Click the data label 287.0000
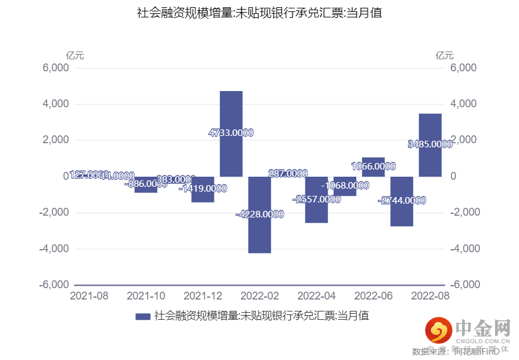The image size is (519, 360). (289, 174)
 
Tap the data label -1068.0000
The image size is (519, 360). (345, 186)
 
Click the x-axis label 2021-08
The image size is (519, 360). (89, 296)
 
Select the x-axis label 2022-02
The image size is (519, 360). (260, 296)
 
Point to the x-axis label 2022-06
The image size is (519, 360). (374, 296)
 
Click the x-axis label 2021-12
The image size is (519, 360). (203, 296)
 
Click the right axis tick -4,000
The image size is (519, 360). (463, 249)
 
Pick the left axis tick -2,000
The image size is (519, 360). (54, 213)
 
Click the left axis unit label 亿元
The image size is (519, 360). (75, 56)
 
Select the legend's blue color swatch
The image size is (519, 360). (143, 316)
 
